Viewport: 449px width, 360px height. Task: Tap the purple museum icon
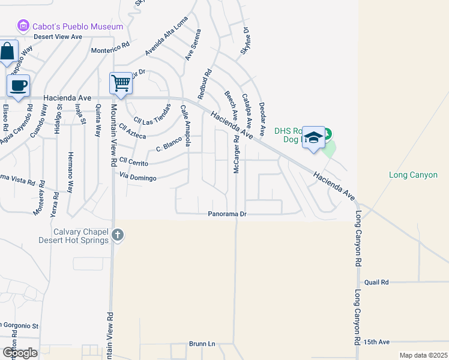[23, 26]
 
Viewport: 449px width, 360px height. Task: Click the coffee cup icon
[19, 85]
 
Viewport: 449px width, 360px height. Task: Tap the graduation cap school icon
[313, 137]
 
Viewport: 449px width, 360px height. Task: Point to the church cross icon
[118, 235]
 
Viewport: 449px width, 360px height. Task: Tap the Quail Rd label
[376, 282]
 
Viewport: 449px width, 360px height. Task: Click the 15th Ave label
[377, 342]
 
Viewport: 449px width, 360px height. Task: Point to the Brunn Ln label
[202, 344]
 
